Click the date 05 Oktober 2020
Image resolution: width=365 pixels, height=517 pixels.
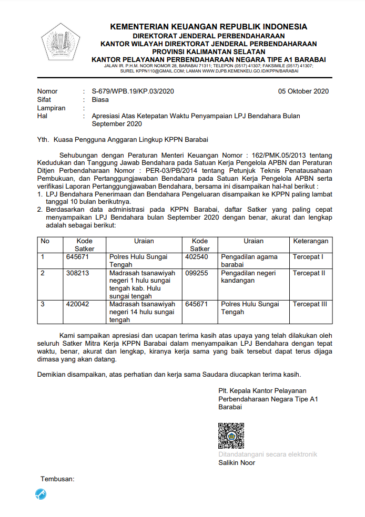(x=303, y=91)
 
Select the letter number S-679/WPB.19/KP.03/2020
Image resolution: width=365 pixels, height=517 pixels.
(x=133, y=91)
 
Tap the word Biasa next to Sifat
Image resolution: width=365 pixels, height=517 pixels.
(x=100, y=99)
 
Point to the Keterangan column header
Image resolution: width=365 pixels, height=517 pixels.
(x=310, y=241)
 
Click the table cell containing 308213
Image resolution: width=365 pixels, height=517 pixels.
(x=77, y=273)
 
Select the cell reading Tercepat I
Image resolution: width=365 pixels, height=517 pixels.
(x=308, y=257)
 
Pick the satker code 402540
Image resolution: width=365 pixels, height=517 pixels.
(x=197, y=257)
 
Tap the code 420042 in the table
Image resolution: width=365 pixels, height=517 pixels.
(x=77, y=304)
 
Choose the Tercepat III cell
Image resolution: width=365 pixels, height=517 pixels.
(x=310, y=304)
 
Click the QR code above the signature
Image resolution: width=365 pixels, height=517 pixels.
(x=231, y=436)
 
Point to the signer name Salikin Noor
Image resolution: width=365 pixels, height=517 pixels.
(x=237, y=462)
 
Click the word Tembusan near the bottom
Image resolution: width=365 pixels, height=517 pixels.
(x=57, y=479)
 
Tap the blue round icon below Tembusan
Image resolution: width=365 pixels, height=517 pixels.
(x=40, y=494)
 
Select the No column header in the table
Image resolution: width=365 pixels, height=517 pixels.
(x=45, y=241)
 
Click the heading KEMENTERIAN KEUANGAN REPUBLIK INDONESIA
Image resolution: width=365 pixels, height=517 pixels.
(x=208, y=27)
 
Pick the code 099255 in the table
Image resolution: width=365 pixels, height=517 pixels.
(x=197, y=273)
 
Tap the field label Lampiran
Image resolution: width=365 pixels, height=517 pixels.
(x=51, y=108)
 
